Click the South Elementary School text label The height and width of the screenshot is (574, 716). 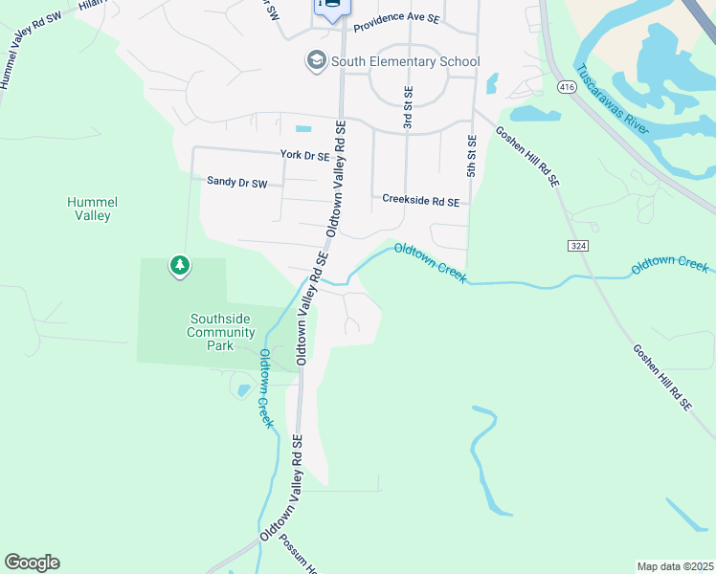405,62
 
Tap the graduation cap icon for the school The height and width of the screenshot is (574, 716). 315,61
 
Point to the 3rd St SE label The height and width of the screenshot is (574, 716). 408,107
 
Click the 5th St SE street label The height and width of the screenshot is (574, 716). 472,155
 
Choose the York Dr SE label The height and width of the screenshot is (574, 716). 304,155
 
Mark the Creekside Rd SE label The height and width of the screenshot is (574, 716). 420,201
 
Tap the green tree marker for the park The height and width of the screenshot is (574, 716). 179,265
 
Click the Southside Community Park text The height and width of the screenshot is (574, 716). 221,332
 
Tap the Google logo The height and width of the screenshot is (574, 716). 32,563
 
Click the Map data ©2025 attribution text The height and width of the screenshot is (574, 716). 675,566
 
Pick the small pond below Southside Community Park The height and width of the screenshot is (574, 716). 244,389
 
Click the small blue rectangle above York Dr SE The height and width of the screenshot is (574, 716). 303,129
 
